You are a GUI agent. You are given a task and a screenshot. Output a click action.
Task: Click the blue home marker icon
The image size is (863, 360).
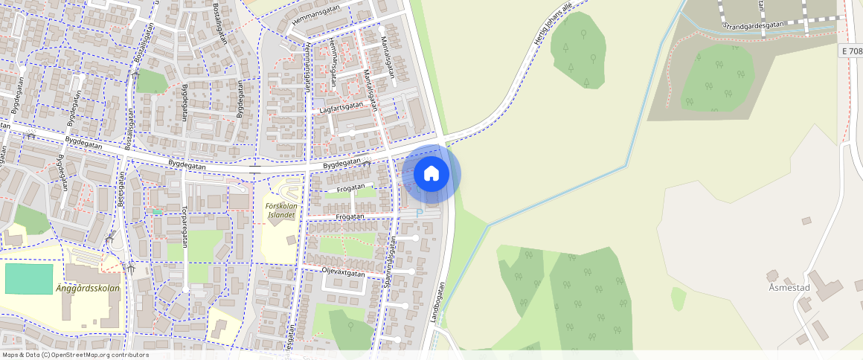(x=431, y=174)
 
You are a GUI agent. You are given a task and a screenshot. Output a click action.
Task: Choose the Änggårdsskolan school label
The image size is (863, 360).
(x=87, y=288)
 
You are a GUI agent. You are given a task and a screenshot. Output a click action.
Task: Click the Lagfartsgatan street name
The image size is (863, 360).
(x=341, y=107)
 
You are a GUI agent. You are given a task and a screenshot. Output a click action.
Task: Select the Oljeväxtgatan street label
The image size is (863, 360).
(x=343, y=273)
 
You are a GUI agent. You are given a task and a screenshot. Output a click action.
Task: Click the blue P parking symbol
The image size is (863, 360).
(x=419, y=213)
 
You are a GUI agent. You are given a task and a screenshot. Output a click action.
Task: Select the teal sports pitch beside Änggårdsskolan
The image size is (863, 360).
(x=29, y=278)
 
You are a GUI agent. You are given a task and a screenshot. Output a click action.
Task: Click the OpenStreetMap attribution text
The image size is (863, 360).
(x=74, y=355)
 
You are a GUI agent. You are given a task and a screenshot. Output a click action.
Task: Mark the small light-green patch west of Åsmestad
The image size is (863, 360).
(x=678, y=298)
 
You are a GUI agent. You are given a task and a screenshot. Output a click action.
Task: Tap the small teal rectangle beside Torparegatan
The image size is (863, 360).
(x=157, y=212)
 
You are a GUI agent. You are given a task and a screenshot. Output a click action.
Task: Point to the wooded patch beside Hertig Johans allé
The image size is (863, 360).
(x=578, y=50)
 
